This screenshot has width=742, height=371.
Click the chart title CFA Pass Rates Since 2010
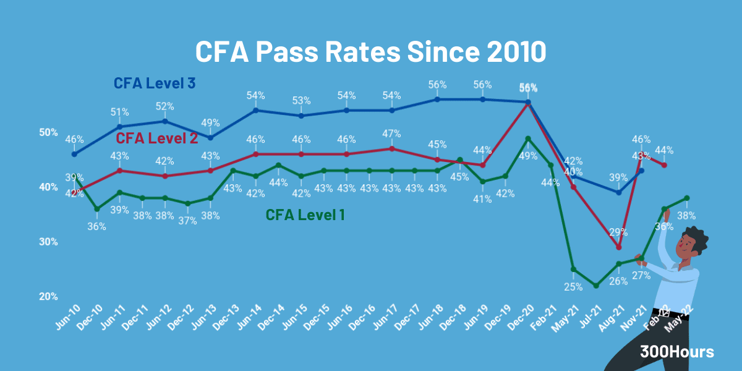[x=370, y=51]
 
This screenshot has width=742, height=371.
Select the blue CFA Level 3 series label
[x=155, y=83]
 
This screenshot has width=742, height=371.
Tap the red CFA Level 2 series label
[x=156, y=138]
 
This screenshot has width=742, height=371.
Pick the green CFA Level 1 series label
[x=305, y=215]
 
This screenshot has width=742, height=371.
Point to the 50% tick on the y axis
[x=49, y=132]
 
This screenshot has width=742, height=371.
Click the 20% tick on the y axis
[x=49, y=297]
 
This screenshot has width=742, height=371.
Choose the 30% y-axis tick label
[x=49, y=242]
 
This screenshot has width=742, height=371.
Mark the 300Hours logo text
[x=677, y=352]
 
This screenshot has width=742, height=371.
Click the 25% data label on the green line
[x=573, y=286]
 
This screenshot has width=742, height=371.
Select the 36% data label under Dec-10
[x=96, y=226]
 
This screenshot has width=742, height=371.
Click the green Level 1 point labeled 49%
[x=527, y=139]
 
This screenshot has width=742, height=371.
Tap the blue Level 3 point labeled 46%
[x=74, y=154]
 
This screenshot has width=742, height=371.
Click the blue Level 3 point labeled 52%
[x=165, y=121]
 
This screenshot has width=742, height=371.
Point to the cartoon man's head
[x=691, y=243]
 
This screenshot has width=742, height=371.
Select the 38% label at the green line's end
[x=686, y=216]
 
